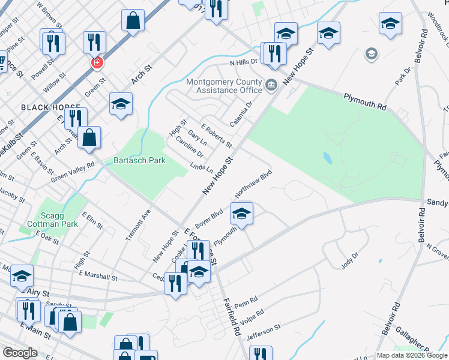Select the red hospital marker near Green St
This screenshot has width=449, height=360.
pos(95,62)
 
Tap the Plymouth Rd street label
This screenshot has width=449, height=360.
pos(364,101)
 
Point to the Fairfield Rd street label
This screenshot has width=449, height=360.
pos(233,318)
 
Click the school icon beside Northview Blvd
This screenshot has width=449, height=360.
pos(241,214)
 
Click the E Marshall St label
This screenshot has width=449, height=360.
pos(98,277)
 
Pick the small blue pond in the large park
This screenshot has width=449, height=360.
pos(327,158)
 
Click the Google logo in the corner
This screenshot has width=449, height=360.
pos(20,353)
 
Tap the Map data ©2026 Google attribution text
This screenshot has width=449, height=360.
pos(411,355)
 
